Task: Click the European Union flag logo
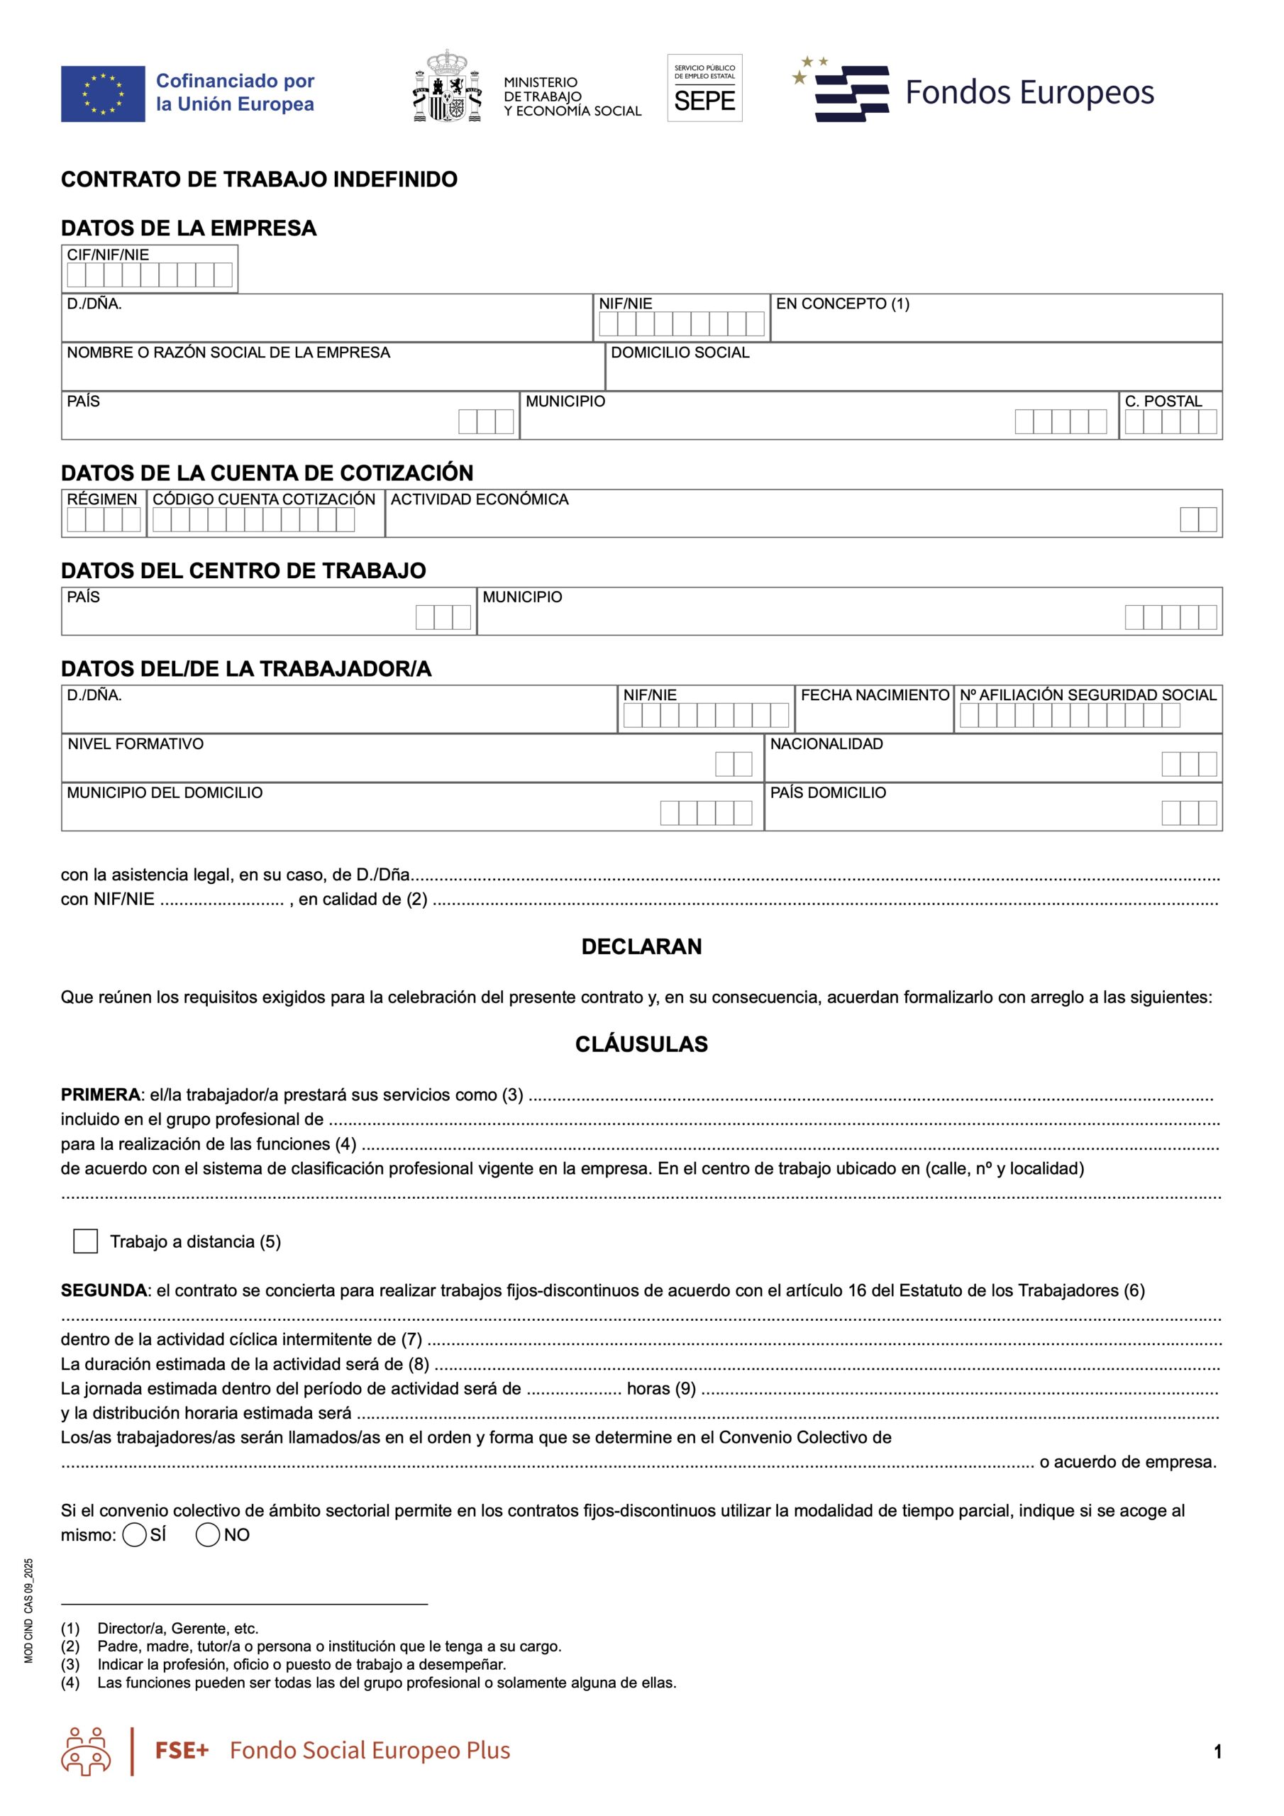[103, 94]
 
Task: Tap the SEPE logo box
[704, 88]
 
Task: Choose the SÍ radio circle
[135, 1535]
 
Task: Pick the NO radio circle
[207, 1535]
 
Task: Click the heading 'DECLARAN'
[641, 947]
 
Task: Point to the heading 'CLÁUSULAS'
[641, 1044]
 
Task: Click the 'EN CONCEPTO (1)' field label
[843, 304]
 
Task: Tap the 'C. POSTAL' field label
[1163, 402]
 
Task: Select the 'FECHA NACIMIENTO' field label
[875, 695]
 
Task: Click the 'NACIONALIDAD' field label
[826, 744]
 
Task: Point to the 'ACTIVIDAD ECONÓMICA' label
[480, 500]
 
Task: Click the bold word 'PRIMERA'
[101, 1095]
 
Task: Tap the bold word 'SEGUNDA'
[104, 1291]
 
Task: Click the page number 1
[1217, 1751]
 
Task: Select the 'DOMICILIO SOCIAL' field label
[680, 353]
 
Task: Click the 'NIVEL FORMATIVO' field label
[135, 744]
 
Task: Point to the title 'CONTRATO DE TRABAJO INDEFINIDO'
[259, 179]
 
